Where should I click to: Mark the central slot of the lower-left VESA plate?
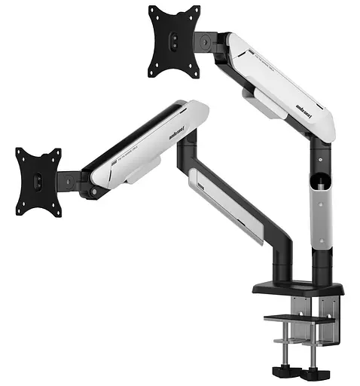[x=38, y=181]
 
